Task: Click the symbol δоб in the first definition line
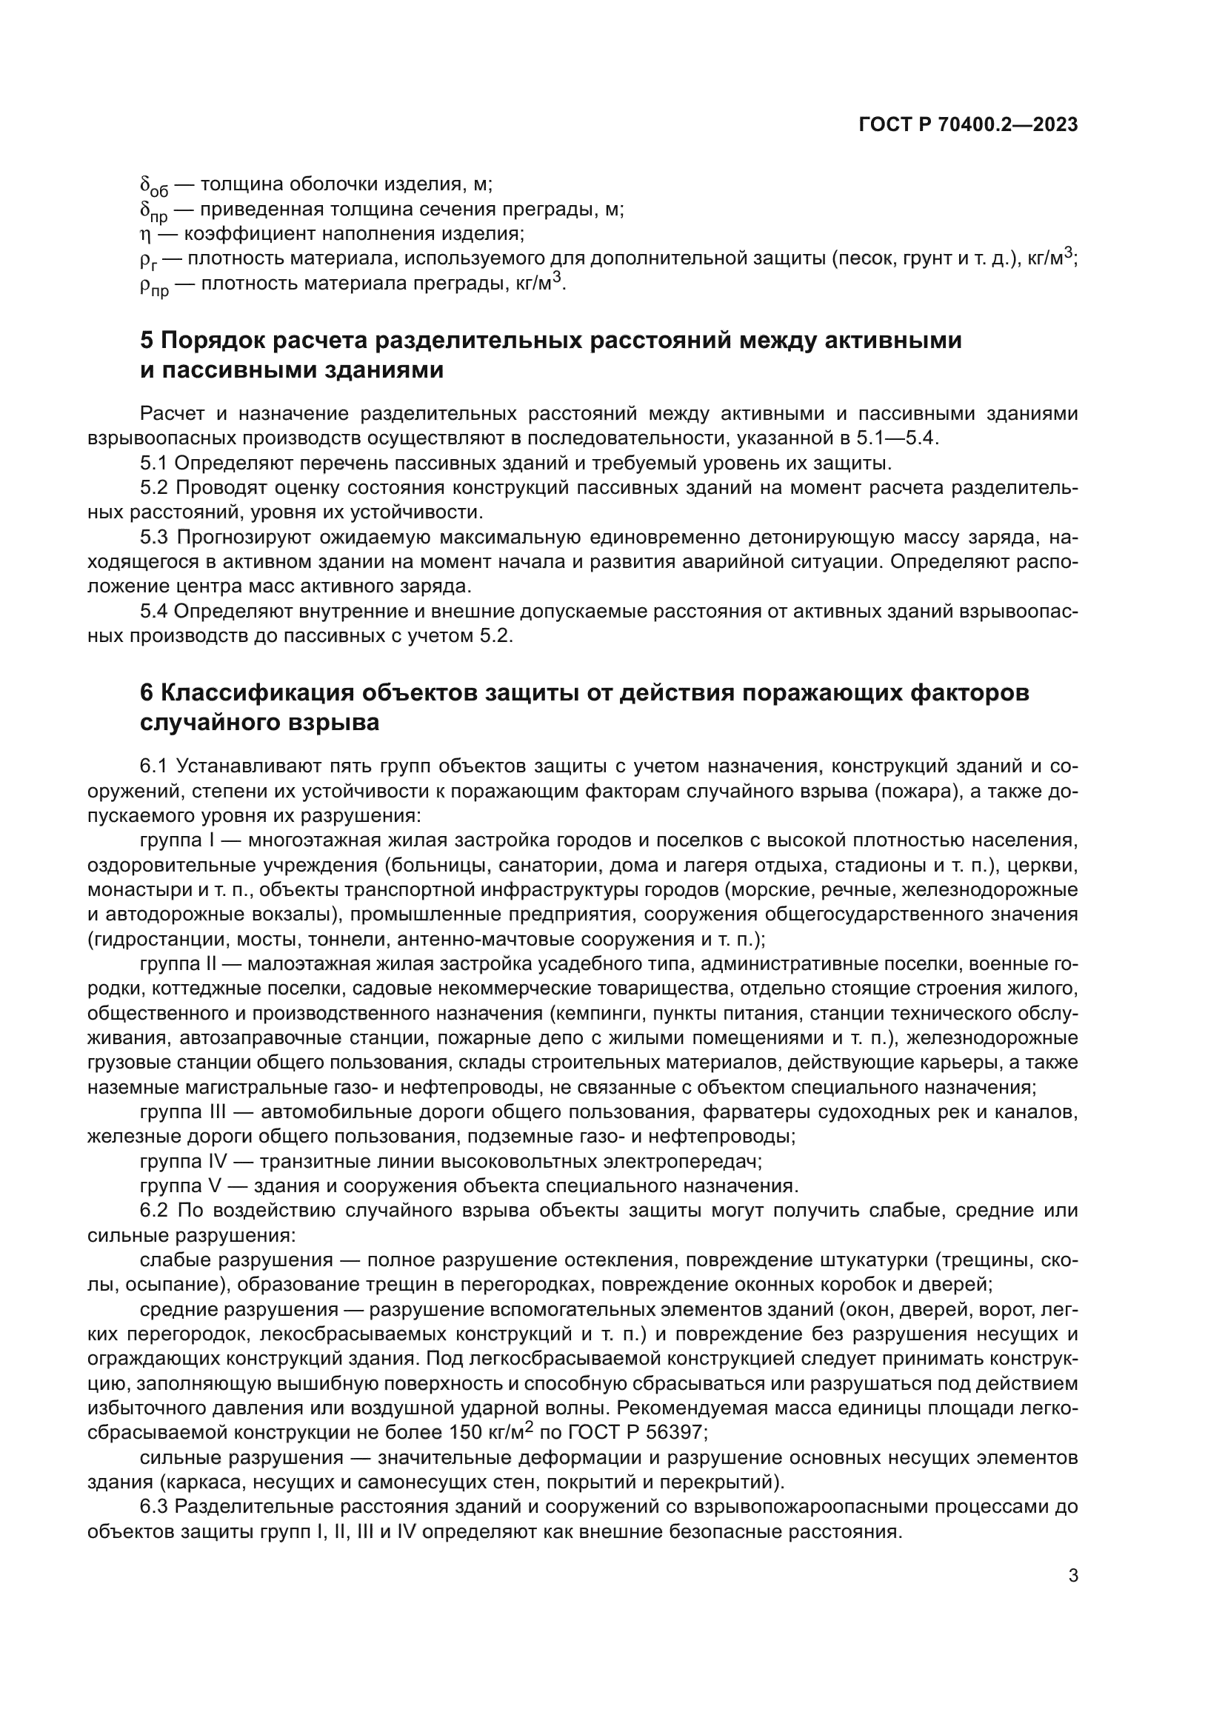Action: point(154,186)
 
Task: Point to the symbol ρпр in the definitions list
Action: point(155,284)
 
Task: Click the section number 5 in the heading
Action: point(147,340)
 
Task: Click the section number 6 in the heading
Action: point(147,692)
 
